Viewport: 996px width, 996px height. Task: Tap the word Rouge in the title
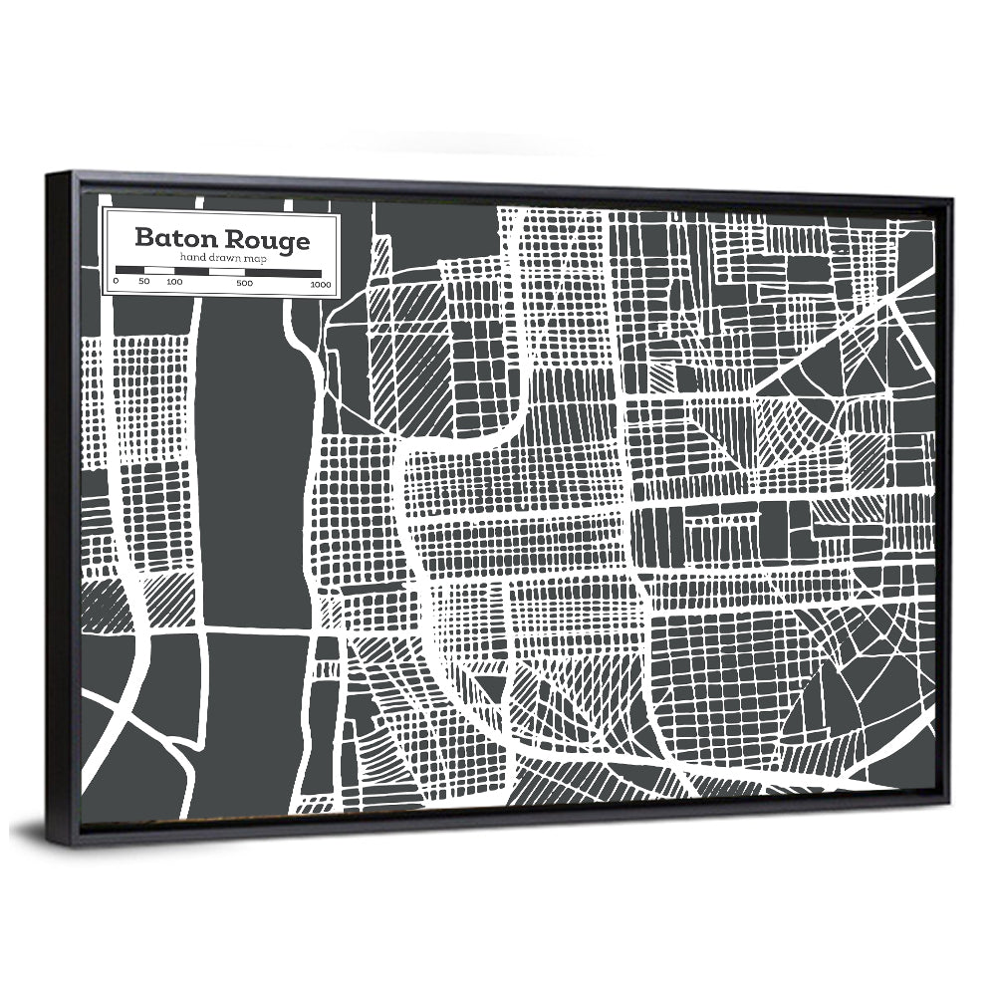point(266,241)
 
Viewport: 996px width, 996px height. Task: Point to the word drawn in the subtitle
point(219,259)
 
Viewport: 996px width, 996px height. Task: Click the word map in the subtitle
point(248,260)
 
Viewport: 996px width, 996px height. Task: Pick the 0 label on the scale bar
point(116,283)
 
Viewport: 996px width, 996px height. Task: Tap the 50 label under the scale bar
point(143,283)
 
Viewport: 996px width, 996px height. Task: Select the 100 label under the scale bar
point(174,283)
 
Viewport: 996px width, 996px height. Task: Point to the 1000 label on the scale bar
point(320,285)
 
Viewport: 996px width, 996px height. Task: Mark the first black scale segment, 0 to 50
point(129,270)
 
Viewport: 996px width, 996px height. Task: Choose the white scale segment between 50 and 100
point(159,270)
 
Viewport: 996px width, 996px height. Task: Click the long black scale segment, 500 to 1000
point(282,272)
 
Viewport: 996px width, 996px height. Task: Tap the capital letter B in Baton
point(143,240)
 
